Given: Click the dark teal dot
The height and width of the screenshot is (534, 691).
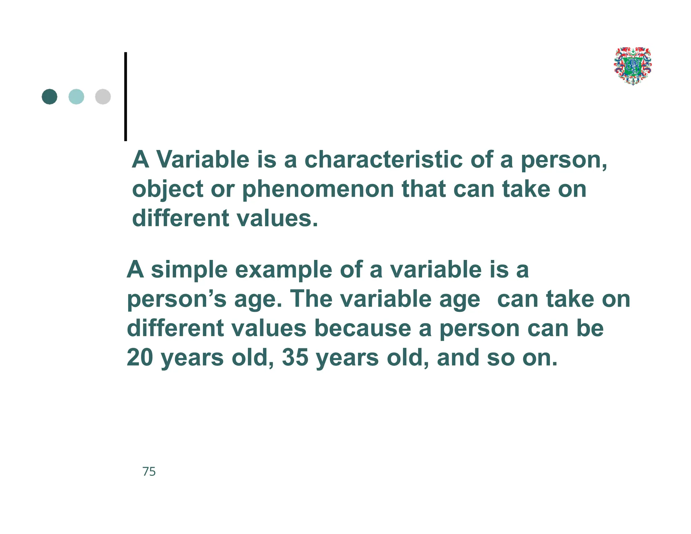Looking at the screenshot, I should (50, 97).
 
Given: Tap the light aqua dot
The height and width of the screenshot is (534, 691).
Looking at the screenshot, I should (76, 97).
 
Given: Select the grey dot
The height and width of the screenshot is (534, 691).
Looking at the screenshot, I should (103, 97).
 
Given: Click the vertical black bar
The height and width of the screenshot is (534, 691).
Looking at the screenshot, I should (126, 97).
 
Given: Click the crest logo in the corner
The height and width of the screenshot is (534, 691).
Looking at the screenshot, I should (633, 66).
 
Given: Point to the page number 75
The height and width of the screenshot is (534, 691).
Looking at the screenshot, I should (149, 472).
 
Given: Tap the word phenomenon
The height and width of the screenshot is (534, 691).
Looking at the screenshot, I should (318, 189).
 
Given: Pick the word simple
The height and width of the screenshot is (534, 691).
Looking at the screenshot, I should (189, 270).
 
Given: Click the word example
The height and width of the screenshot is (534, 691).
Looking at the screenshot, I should (283, 270).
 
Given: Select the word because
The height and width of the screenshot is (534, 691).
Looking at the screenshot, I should (363, 328).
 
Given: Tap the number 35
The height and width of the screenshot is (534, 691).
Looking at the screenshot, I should (295, 358).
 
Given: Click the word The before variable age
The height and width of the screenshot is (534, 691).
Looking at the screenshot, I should (311, 299).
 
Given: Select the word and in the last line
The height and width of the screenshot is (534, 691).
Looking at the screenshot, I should (458, 358).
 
